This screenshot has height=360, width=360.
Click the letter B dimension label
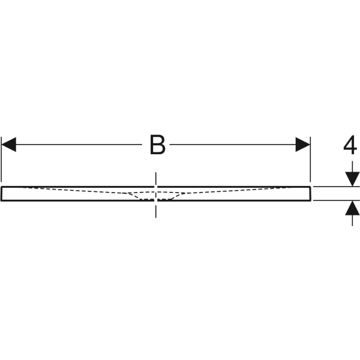(x=157, y=145)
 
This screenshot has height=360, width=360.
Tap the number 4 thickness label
(x=350, y=145)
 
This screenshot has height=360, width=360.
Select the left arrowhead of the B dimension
(x=9, y=145)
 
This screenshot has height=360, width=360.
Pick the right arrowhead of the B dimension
(x=302, y=145)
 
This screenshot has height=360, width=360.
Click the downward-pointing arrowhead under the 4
(x=352, y=179)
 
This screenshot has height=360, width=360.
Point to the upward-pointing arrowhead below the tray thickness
(x=352, y=208)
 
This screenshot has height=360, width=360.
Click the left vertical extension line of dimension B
(x=1, y=159)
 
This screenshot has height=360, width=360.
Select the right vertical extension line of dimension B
(x=310, y=159)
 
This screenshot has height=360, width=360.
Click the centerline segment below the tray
(x=156, y=209)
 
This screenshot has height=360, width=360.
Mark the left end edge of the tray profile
(x=1, y=194)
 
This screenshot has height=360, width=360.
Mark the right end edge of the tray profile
(x=311, y=194)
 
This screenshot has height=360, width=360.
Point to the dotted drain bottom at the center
(x=155, y=200)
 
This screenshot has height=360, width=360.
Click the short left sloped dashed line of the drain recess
(x=134, y=196)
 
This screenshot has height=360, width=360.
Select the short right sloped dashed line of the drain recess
(x=178, y=196)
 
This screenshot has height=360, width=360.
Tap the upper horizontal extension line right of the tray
(x=337, y=187)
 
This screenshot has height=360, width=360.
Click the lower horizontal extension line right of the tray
(x=337, y=200)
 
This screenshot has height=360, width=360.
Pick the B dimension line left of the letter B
(x=79, y=145)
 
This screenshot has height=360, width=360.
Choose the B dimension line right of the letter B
(x=233, y=145)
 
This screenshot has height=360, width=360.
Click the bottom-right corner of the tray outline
(x=311, y=201)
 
